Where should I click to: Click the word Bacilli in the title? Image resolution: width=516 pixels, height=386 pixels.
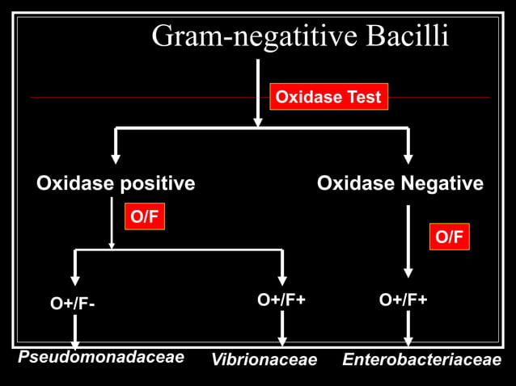point(408,36)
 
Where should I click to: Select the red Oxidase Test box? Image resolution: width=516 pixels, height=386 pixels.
point(328,98)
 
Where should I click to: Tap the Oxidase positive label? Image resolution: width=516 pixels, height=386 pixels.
point(116,183)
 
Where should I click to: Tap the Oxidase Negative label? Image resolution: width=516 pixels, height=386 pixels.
point(400,183)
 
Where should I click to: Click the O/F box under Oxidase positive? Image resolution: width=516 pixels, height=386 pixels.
point(144,216)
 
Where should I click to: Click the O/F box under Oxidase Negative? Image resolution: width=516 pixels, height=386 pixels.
point(449,237)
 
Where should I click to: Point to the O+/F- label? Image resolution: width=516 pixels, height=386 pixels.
point(72,304)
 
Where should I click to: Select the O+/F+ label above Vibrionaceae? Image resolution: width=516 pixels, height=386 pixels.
point(281,300)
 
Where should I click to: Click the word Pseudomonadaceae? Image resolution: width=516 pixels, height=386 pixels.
point(101,356)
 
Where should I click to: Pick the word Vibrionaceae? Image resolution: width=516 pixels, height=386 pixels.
point(264,359)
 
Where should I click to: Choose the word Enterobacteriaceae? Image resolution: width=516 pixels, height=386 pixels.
point(421,359)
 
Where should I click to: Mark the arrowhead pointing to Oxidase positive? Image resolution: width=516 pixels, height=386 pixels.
point(116,157)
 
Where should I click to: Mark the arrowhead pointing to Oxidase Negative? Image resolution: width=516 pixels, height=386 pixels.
point(408,157)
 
